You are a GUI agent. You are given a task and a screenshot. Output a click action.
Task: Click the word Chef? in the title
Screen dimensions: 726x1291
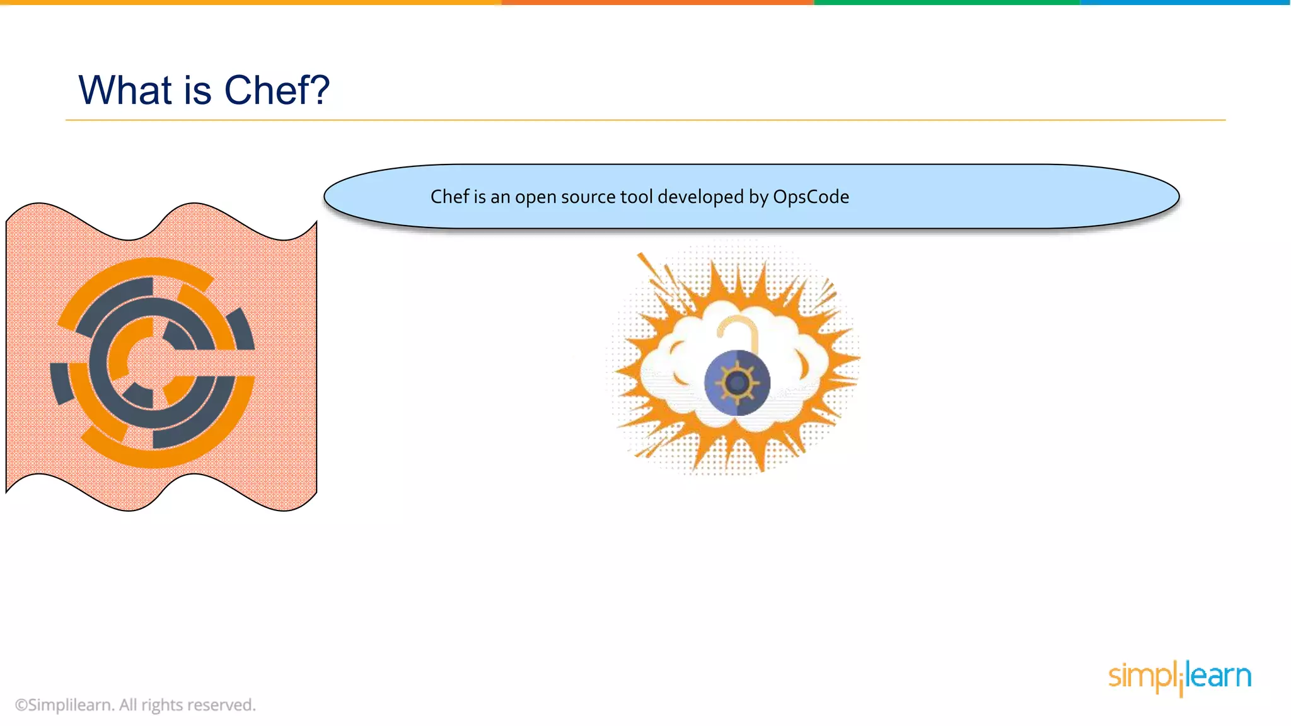[277, 90]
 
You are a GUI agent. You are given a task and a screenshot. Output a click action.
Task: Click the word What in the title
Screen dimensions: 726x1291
[125, 90]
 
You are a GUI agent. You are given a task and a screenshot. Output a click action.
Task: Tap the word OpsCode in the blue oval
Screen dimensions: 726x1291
[811, 197]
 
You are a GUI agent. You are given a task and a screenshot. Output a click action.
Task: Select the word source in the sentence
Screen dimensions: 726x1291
[588, 197]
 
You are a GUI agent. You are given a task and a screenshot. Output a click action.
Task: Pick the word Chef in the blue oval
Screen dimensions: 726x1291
[449, 197]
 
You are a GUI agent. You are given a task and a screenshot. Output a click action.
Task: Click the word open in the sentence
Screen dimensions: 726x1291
[535, 198]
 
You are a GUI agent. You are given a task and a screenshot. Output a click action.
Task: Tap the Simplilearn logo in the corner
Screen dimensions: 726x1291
[1179, 677]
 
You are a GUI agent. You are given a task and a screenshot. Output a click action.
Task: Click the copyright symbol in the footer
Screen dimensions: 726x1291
[21, 705]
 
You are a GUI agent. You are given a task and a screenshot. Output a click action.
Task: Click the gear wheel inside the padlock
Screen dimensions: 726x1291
[737, 382]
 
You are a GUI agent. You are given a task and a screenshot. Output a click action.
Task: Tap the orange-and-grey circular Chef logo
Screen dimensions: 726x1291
[153, 362]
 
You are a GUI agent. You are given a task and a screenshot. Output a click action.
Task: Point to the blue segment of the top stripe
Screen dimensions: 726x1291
[1185, 3]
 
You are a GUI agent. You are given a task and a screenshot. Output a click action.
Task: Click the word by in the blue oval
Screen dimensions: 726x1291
[758, 197]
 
